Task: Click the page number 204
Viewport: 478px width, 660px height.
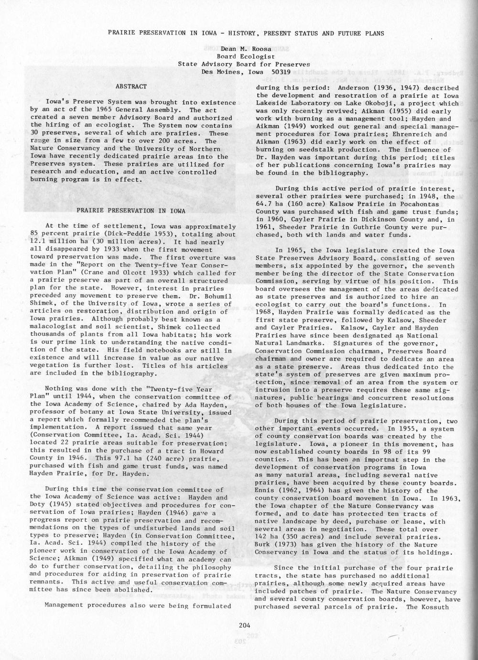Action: tap(244, 625)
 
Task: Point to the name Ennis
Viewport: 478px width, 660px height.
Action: tap(266, 490)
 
